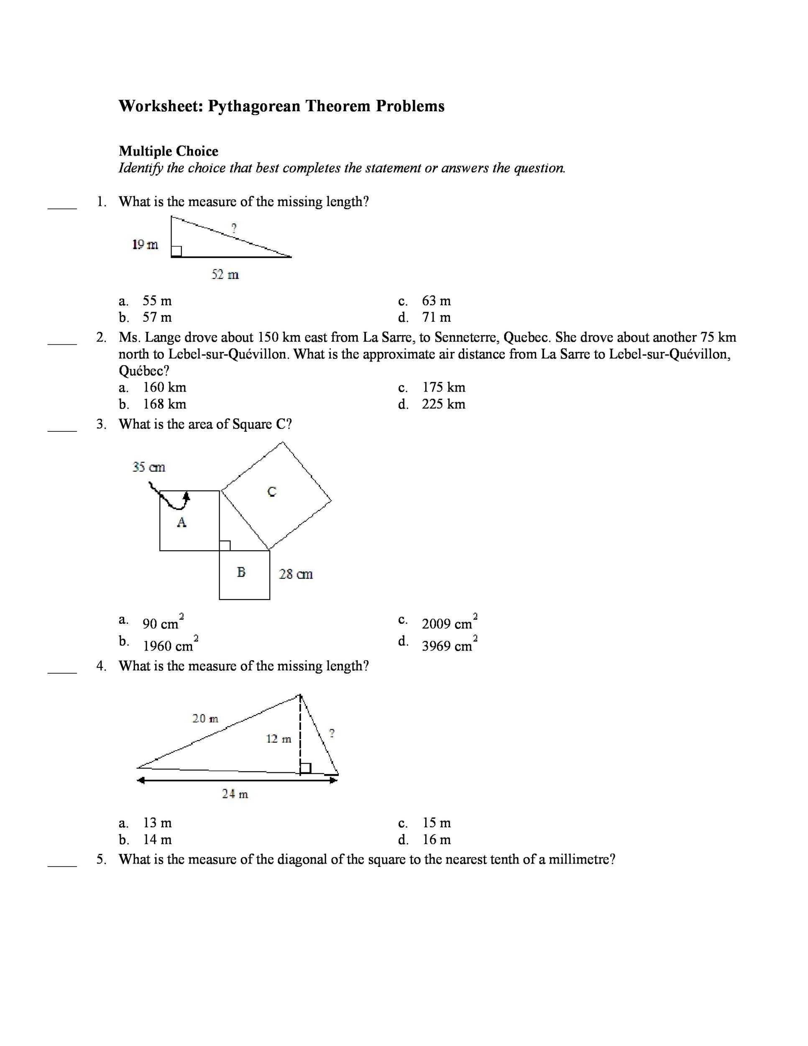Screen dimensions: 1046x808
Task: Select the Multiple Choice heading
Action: pyautogui.click(x=169, y=151)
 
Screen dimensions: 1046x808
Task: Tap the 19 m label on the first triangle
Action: pyautogui.click(x=145, y=245)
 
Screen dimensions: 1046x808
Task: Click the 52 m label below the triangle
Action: pyautogui.click(x=225, y=274)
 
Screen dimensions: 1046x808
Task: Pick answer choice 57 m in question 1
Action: pyautogui.click(x=157, y=318)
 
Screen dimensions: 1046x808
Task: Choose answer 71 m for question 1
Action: pyautogui.click(x=436, y=318)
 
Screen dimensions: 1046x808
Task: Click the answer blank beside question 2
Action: pyautogui.click(x=62, y=343)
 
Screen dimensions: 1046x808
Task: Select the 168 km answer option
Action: pyautogui.click(x=165, y=404)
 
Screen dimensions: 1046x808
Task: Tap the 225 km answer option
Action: pyautogui.click(x=443, y=404)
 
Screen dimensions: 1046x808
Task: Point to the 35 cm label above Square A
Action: pyautogui.click(x=149, y=467)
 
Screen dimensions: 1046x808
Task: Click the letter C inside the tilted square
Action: pyautogui.click(x=272, y=491)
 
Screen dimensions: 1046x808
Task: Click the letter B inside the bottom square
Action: pyautogui.click(x=241, y=572)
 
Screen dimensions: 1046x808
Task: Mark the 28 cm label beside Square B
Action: pyautogui.click(x=296, y=574)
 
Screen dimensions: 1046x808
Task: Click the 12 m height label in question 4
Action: pyautogui.click(x=279, y=739)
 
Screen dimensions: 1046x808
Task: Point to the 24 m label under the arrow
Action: pyautogui.click(x=235, y=794)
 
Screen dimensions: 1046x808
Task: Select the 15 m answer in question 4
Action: pyautogui.click(x=437, y=823)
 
